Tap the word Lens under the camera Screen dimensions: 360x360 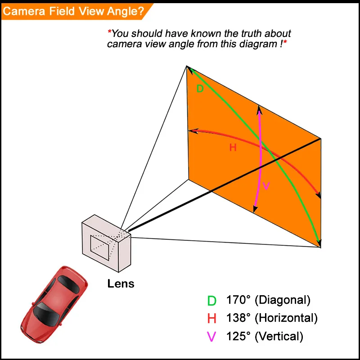(x=121, y=284)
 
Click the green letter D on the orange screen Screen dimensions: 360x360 (x=200, y=89)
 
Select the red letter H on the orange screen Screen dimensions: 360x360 (x=233, y=148)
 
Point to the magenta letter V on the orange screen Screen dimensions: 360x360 (x=266, y=186)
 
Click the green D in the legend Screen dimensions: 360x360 (x=211, y=301)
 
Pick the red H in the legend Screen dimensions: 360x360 (x=212, y=319)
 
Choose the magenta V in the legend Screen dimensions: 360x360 (x=211, y=337)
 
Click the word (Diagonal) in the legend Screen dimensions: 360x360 (x=283, y=300)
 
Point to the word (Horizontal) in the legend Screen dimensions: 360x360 (x=286, y=318)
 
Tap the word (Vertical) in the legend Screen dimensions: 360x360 (x=279, y=336)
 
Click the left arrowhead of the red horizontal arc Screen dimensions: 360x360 (x=192, y=131)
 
